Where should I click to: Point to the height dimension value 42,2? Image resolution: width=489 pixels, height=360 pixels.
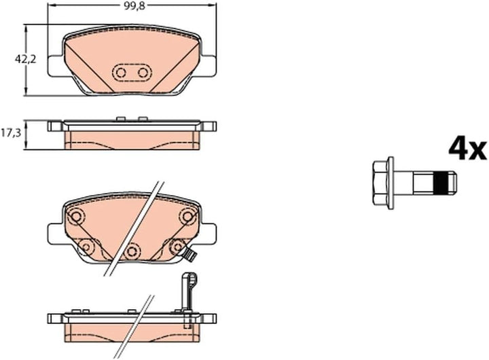click(25, 59)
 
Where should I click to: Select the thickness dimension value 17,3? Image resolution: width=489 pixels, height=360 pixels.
click(11, 134)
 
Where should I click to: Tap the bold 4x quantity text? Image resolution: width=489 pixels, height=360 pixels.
click(467, 149)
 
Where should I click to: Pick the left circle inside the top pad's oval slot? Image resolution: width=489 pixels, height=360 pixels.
click(120, 73)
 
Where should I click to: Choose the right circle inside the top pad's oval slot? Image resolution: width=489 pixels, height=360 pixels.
click(143, 73)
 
